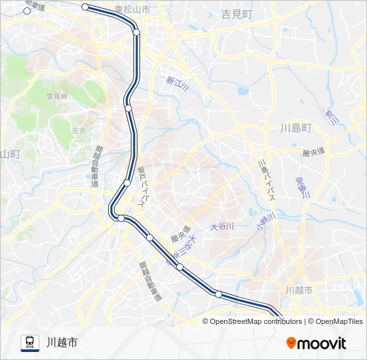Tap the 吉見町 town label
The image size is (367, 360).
(237, 13)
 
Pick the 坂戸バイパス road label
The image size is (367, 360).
(145, 184)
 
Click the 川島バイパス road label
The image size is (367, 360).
(266, 180)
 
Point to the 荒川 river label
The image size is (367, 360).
(332, 116)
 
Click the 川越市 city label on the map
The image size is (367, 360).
(298, 290)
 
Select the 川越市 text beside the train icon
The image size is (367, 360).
(62, 343)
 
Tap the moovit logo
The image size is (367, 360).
(316, 343)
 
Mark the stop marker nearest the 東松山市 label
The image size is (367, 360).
(136, 31)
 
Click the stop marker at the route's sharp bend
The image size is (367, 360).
(121, 218)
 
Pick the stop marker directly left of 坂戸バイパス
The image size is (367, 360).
(127, 182)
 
